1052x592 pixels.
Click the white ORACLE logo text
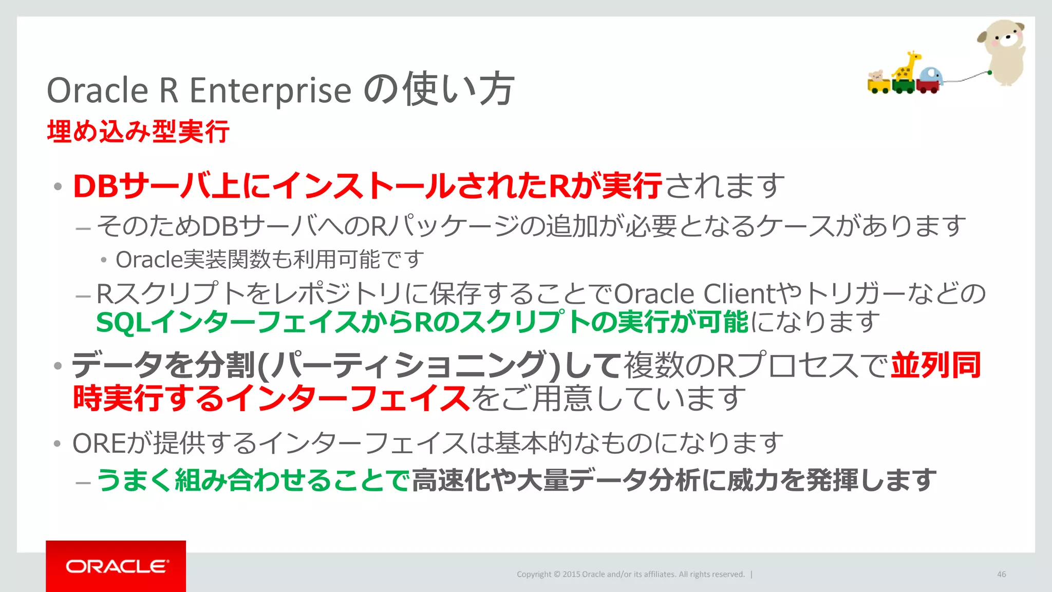click(x=116, y=566)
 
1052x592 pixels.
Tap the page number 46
click(x=1001, y=574)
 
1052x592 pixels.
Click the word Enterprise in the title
click(x=271, y=90)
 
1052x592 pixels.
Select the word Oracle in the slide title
click(x=98, y=90)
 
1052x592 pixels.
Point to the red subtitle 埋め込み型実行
click(x=138, y=132)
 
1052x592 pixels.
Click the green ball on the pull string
click(x=989, y=73)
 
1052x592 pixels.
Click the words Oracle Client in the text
click(x=697, y=294)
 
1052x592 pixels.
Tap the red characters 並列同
click(x=936, y=365)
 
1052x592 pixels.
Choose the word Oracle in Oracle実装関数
click(x=149, y=260)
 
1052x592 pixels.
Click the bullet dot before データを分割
click(x=58, y=366)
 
